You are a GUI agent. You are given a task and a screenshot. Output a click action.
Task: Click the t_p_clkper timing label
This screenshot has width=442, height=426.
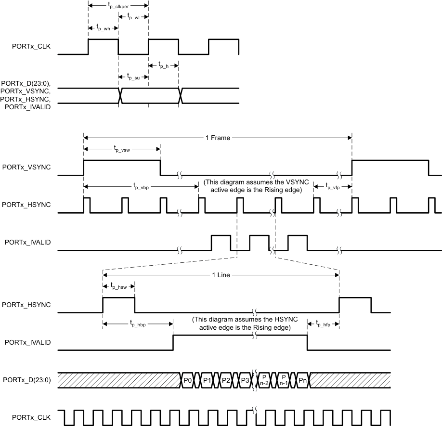click(118, 6)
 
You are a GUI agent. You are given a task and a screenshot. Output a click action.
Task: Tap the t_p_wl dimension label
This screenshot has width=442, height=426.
click(133, 17)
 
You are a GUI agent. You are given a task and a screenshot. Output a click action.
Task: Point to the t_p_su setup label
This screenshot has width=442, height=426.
click(133, 77)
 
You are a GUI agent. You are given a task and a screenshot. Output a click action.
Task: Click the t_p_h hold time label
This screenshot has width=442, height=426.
click(164, 65)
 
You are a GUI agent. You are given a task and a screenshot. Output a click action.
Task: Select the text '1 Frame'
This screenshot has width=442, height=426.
click(218, 138)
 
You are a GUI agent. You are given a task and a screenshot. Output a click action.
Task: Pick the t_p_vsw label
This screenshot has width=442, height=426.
click(122, 149)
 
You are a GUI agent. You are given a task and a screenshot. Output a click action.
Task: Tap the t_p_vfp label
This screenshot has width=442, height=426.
click(333, 186)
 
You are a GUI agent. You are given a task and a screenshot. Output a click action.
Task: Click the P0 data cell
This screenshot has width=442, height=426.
click(188, 380)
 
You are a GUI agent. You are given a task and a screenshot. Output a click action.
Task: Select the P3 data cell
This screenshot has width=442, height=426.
click(245, 380)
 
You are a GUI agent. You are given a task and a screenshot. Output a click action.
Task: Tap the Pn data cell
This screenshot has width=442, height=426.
click(302, 380)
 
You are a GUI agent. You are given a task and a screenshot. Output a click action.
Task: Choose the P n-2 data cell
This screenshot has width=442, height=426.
click(264, 380)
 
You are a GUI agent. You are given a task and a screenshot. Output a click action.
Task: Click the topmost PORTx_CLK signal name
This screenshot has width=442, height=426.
click(31, 47)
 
